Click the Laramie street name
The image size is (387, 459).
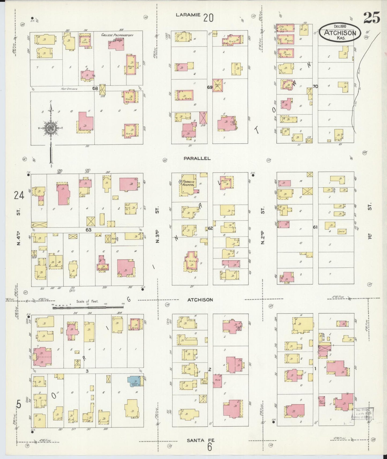pyautogui.click(x=188, y=15)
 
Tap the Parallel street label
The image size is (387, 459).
pyautogui.click(x=197, y=158)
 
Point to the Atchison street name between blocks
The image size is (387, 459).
pyautogui.click(x=200, y=300)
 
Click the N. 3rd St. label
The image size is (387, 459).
pyautogui.click(x=157, y=225)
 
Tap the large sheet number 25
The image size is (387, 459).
pyautogui.click(x=371, y=18)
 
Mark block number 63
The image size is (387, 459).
pyautogui.click(x=88, y=230)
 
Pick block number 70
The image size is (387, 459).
pyautogui.click(x=315, y=86)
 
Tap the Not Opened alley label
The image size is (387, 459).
pyautogui.click(x=69, y=89)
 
